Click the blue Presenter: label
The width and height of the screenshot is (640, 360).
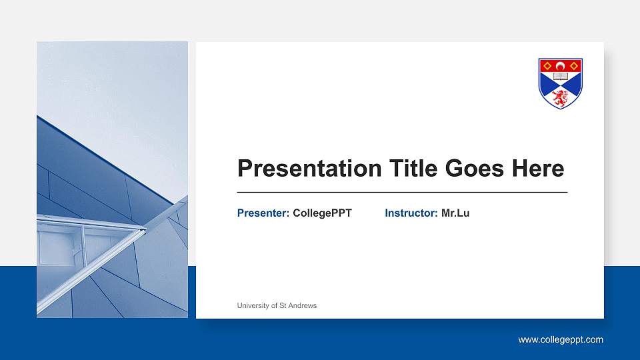click(x=263, y=213)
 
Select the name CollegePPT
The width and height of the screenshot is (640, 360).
click(x=322, y=213)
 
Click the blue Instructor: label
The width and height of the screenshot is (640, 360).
click(x=411, y=213)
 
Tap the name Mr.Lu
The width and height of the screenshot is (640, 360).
click(x=455, y=213)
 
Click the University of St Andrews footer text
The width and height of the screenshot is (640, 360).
click(x=277, y=305)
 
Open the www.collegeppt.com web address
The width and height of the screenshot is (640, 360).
click(x=561, y=340)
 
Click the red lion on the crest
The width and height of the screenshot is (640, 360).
click(x=561, y=98)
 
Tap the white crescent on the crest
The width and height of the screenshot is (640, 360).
click(x=561, y=65)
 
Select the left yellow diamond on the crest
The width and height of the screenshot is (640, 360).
click(x=547, y=65)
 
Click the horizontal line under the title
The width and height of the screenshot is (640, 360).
click(x=402, y=192)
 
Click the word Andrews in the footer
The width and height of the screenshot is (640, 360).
click(x=303, y=305)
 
